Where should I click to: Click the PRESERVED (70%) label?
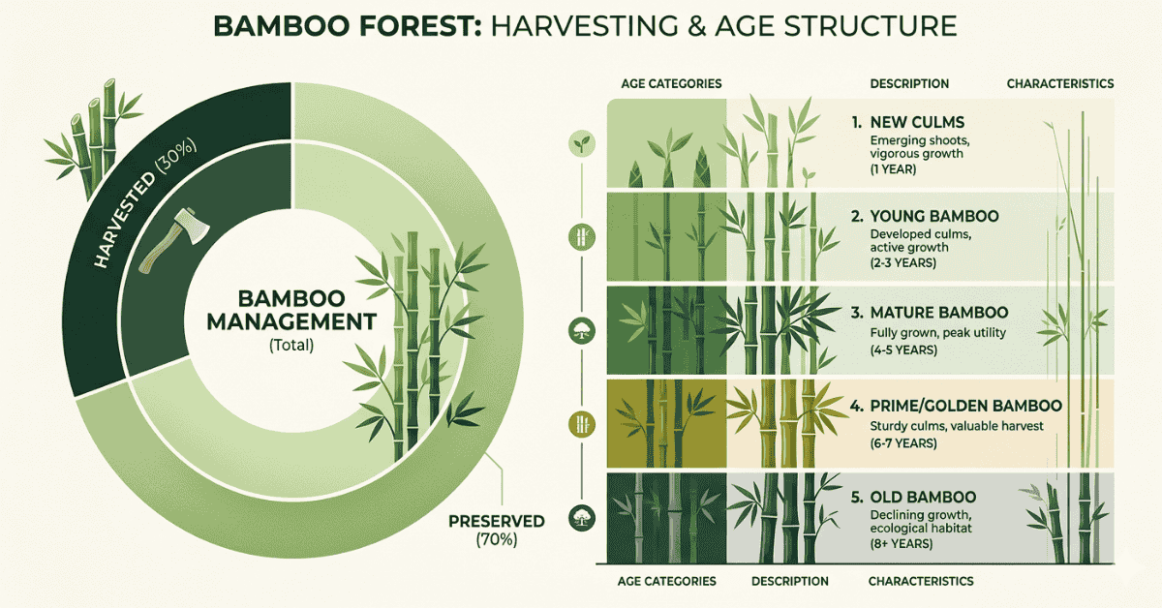pyautogui.click(x=496, y=531)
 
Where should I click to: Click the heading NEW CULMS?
pyautogui.click(x=915, y=123)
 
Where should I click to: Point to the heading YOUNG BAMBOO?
pyautogui.click(x=924, y=217)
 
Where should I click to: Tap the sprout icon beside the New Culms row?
pyautogui.click(x=581, y=144)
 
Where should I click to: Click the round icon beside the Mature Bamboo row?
pyautogui.click(x=581, y=329)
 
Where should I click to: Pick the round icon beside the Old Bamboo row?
pyautogui.click(x=581, y=515)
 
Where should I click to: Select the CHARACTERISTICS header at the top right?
pyautogui.click(x=1060, y=84)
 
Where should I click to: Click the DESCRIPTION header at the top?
pyautogui.click(x=909, y=84)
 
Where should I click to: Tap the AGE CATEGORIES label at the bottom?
pyautogui.click(x=666, y=581)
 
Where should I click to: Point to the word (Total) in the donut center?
pyautogui.click(x=290, y=345)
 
